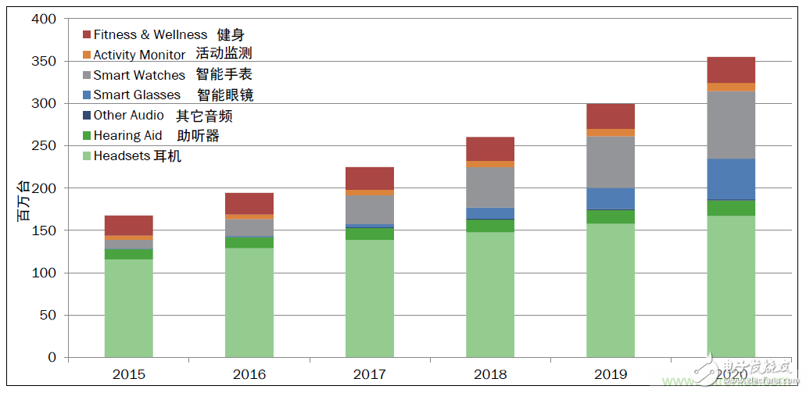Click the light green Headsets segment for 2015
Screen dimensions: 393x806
tap(128, 308)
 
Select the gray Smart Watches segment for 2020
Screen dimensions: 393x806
tap(731, 125)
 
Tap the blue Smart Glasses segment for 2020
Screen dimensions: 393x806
tap(731, 179)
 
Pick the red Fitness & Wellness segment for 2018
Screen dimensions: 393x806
tap(490, 148)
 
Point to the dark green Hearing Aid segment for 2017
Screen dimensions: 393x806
tap(370, 234)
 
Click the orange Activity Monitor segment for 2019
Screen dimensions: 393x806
tap(611, 133)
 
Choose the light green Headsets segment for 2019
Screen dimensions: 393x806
tap(611, 291)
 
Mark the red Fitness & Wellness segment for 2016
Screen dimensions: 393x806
tap(249, 203)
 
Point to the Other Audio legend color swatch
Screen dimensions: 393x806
tap(87, 116)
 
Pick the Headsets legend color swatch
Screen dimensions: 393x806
tap(87, 156)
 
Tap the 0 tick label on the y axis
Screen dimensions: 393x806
tap(52, 358)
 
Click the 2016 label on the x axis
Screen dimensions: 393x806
tap(249, 374)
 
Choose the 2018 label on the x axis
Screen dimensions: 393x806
tap(490, 374)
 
